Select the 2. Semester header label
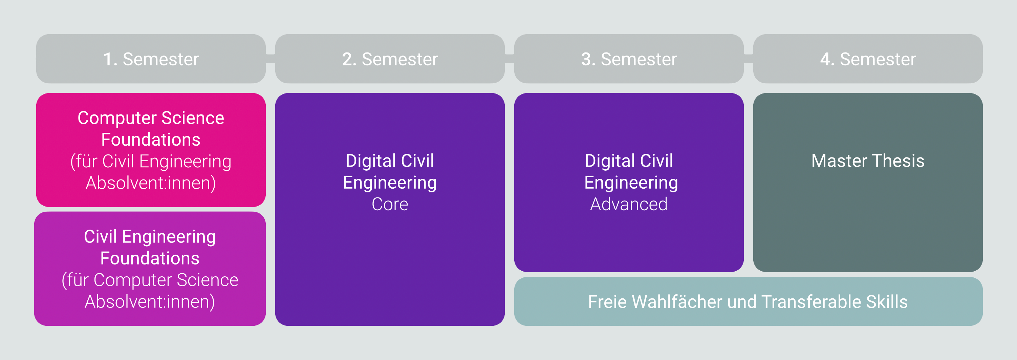[x=390, y=59]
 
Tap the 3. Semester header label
[x=629, y=59]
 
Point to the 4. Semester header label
[x=868, y=59]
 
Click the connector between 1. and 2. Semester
[x=271, y=59]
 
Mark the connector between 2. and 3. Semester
[x=509, y=59]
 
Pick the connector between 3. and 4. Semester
[x=748, y=59]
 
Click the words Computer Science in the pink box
[x=151, y=119]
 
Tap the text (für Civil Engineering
[x=151, y=162]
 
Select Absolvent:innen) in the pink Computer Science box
[x=151, y=183]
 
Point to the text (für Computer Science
[x=150, y=280]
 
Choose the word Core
[x=390, y=204]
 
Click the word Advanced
[x=629, y=204]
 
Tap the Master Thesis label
[x=868, y=161]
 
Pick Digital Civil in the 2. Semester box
[x=390, y=161]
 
